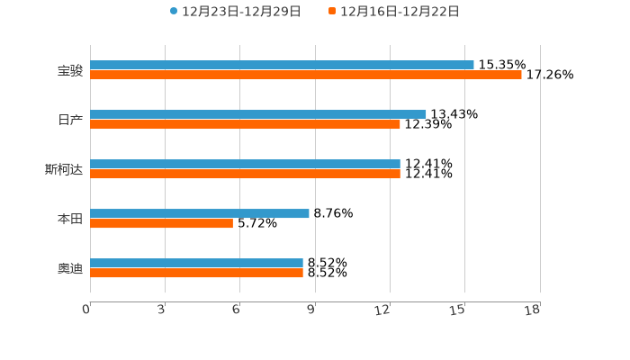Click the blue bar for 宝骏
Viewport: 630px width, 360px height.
point(282,65)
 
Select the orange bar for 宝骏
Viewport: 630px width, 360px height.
point(306,75)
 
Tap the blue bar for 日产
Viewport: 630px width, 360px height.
point(258,114)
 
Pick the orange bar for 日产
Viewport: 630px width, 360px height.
point(245,124)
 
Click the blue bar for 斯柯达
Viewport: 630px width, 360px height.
point(245,164)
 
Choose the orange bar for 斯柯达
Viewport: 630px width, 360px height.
point(245,174)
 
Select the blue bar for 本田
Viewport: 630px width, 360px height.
point(200,213)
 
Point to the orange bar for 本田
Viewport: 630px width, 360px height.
point(161,223)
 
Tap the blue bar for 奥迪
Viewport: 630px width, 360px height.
point(196,263)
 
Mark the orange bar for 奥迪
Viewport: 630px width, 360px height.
point(196,273)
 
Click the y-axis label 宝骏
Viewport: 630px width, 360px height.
point(69,70)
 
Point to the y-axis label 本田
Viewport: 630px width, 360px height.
point(69,219)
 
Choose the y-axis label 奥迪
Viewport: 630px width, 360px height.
point(69,268)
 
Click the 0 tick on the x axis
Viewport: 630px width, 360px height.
point(86,310)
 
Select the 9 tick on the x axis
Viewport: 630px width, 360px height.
point(311,310)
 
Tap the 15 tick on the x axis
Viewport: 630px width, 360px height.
point(458,310)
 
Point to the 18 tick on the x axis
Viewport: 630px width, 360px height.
point(533,310)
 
